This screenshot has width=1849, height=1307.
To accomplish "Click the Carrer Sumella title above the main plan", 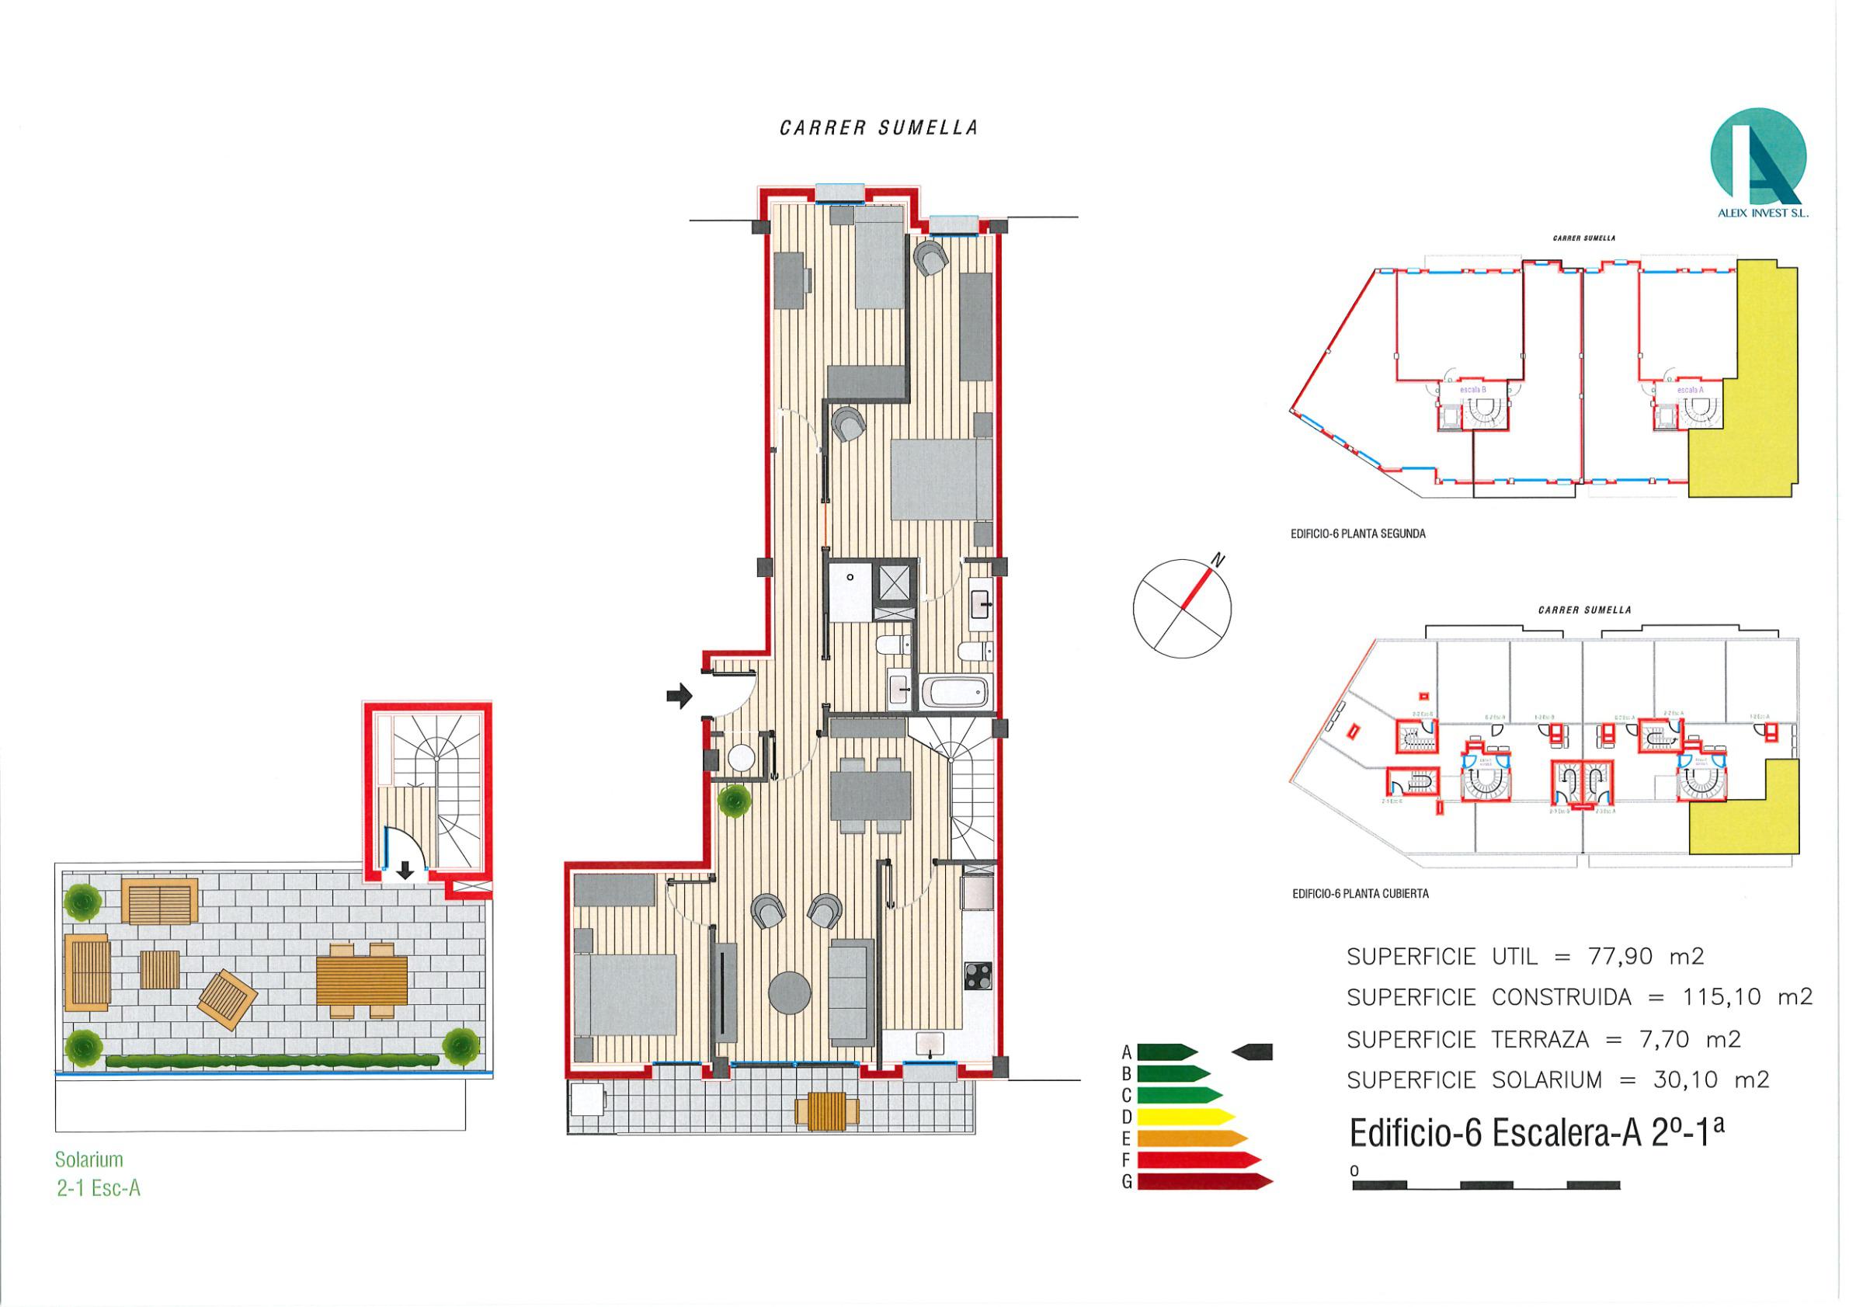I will (x=878, y=128).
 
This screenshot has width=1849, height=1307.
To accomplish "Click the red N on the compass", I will (x=1219, y=561).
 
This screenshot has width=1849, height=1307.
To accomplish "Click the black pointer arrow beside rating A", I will (x=1253, y=1051).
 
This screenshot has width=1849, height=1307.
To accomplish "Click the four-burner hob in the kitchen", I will (x=978, y=976).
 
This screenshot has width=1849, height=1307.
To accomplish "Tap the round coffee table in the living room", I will (x=790, y=993).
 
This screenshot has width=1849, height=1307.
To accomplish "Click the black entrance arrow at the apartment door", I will (x=679, y=694).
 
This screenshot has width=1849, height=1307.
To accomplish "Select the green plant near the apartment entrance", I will (x=735, y=801).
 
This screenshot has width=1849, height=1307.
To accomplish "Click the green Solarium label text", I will (x=89, y=1159).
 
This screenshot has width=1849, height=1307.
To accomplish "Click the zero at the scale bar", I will (x=1355, y=1170).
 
